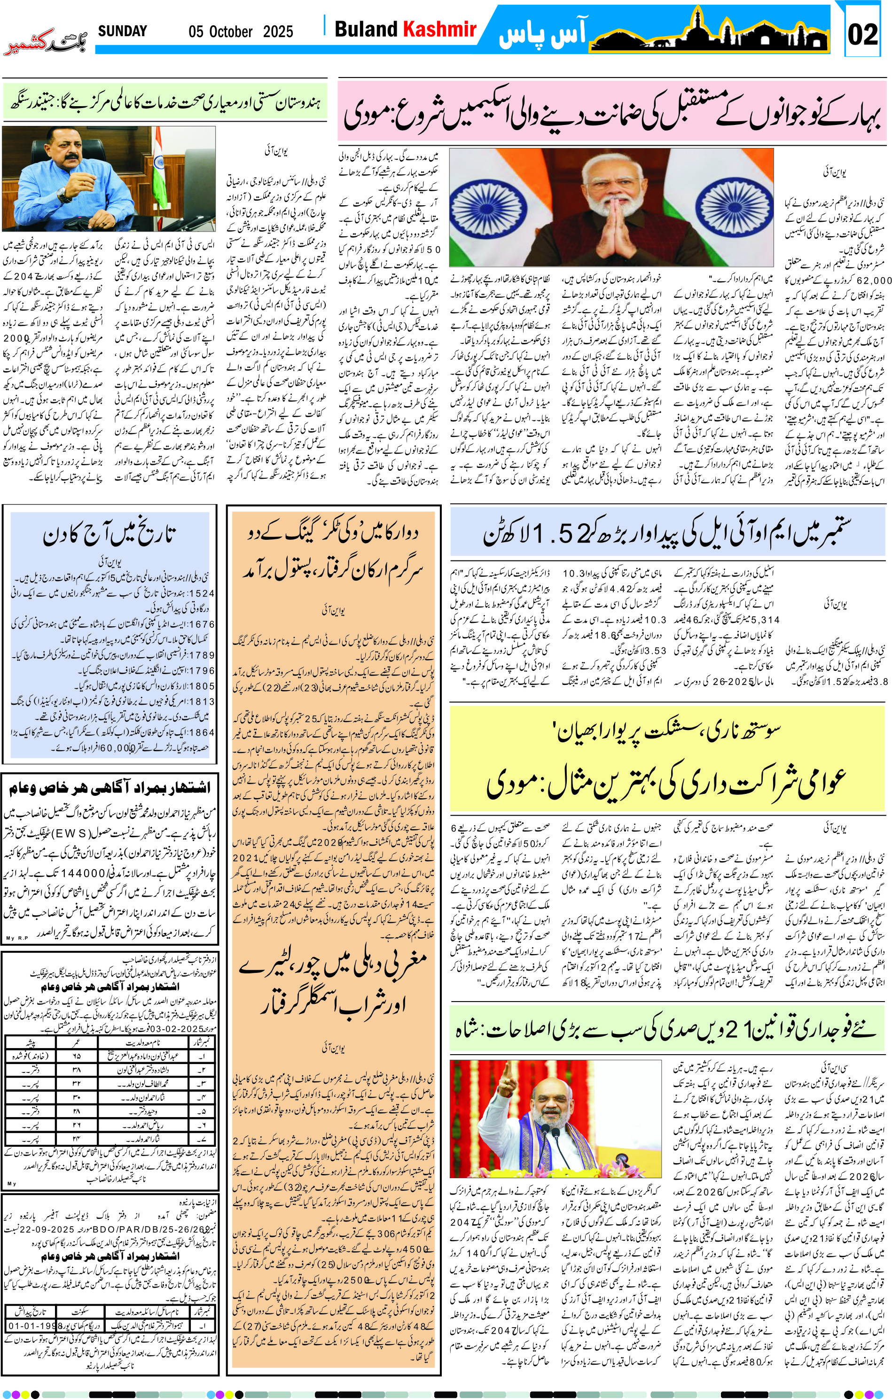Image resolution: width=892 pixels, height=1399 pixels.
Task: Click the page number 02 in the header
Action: point(862,34)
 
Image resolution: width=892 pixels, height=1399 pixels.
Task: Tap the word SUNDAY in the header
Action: point(122,31)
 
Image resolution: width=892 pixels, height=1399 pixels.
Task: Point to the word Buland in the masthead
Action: point(366,29)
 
